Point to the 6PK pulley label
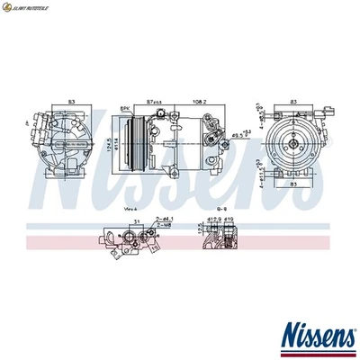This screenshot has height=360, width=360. tap(127, 108)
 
